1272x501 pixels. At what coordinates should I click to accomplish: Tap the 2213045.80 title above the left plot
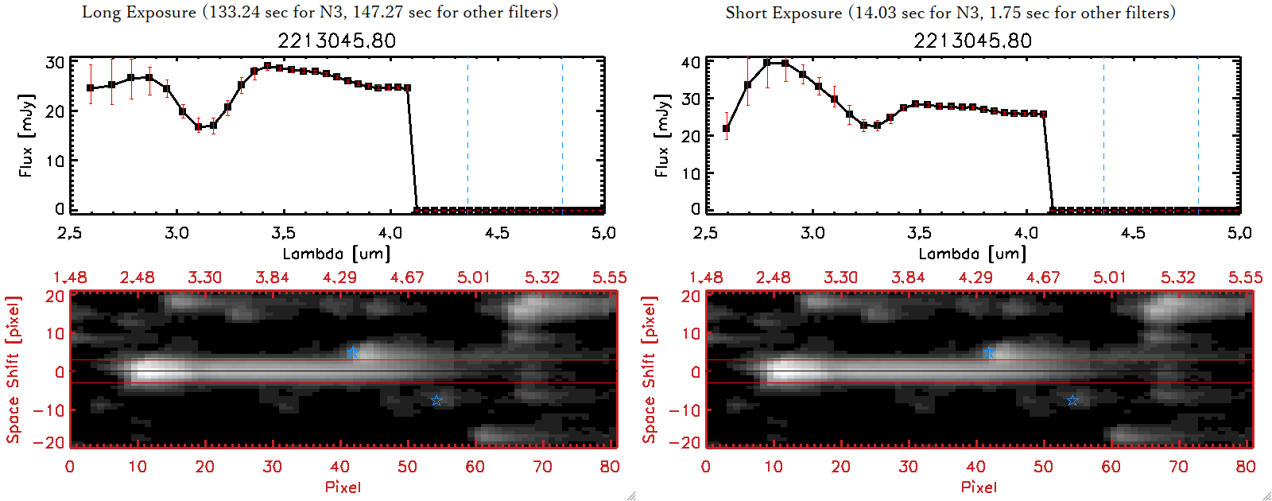336,41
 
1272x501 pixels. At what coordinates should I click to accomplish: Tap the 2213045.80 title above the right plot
972,41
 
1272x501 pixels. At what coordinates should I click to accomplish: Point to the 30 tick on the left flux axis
55,63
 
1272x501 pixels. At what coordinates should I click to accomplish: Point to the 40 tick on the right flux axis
691,63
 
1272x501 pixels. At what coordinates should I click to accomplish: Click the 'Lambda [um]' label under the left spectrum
336,254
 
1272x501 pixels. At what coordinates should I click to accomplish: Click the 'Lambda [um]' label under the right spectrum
972,254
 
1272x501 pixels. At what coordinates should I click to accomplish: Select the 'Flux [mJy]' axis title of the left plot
26,135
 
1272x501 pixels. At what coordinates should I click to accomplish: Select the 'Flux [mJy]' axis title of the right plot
662,135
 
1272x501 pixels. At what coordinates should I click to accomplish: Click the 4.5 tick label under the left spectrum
497,233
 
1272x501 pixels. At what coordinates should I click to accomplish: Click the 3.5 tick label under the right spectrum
919,233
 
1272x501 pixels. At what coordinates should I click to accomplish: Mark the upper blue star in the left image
353,352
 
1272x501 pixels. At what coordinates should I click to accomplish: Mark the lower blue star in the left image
436,400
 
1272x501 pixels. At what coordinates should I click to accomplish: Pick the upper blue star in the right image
988,352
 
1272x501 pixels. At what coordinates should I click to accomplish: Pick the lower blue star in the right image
1072,400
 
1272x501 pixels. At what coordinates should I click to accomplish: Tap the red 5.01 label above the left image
474,278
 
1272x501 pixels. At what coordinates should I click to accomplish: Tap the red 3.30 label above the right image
840,278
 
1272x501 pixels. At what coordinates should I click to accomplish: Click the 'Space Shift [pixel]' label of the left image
13,370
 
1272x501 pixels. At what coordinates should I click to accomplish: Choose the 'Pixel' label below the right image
979,487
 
